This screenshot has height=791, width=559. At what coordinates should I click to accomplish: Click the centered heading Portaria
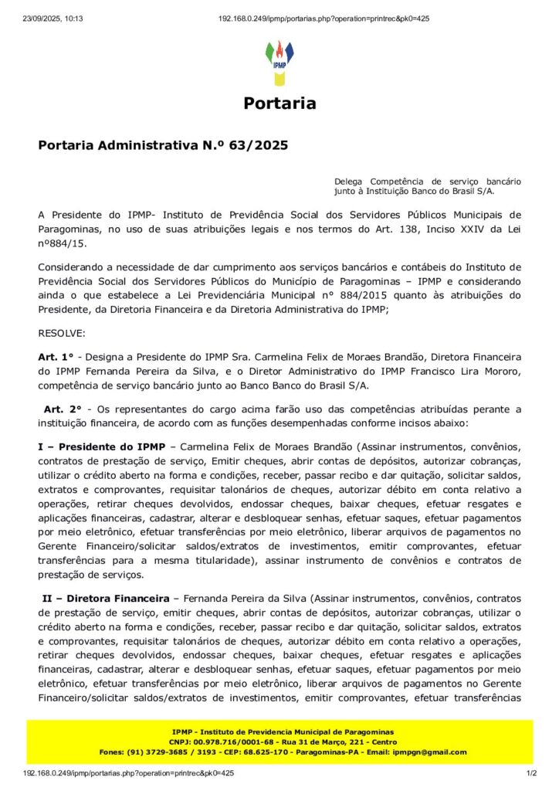(x=279, y=104)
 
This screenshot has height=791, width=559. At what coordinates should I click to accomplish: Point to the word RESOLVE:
(x=63, y=333)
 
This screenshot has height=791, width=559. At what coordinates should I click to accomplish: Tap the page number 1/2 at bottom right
(x=531, y=772)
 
